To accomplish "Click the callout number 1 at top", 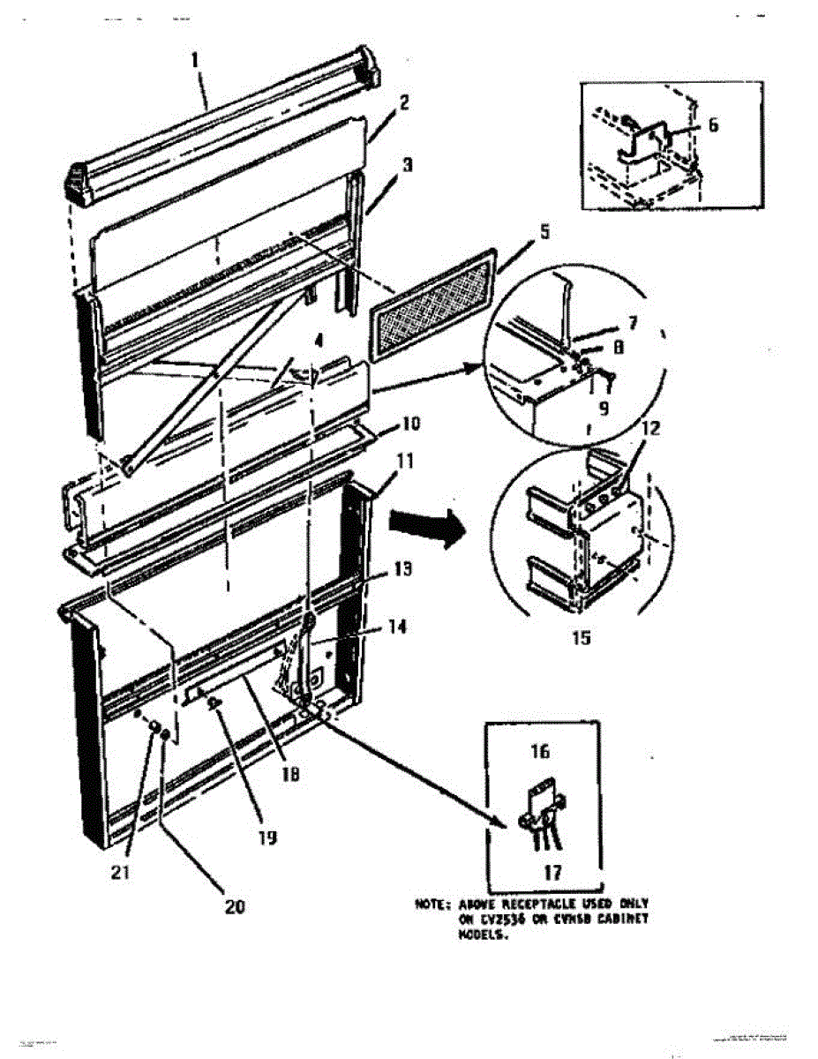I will click(x=196, y=61).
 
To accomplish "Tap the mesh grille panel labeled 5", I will click(x=432, y=304).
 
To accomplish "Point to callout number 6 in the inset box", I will click(x=712, y=125).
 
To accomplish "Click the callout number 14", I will click(x=398, y=627).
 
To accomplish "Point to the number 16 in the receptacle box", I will click(x=541, y=752).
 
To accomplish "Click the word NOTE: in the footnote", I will click(x=434, y=905).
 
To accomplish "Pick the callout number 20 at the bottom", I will click(x=235, y=906).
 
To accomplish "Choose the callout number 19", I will click(x=266, y=836).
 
